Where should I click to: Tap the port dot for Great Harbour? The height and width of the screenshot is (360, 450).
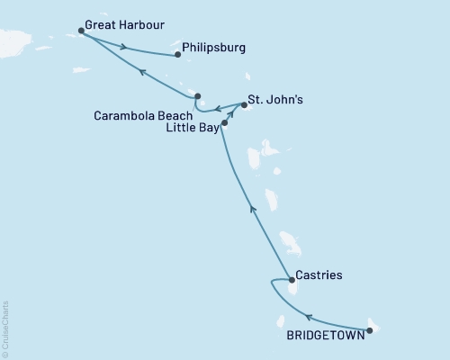click(82, 31)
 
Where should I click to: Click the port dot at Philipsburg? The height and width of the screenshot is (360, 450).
click(177, 55)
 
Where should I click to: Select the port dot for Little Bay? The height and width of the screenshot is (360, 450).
click(224, 121)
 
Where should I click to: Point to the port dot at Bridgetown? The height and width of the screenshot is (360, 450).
click(370, 330)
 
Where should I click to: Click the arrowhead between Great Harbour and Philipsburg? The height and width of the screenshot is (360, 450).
click(124, 48)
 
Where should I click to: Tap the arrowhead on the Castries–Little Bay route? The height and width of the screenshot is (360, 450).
click(253, 209)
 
